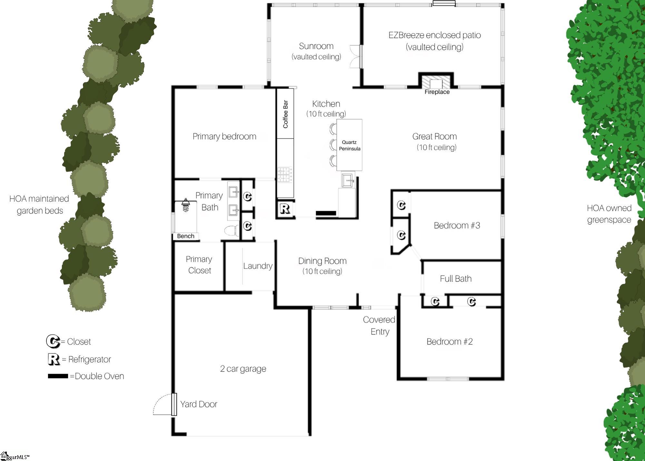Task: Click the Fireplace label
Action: click(437, 92)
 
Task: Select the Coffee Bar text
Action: click(285, 114)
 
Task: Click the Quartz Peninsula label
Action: click(350, 145)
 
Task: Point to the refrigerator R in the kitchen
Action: click(285, 209)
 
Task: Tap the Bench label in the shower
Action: click(186, 236)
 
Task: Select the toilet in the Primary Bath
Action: click(232, 230)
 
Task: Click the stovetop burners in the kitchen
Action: click(285, 175)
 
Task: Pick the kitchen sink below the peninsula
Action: click(348, 180)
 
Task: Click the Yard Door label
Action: click(199, 404)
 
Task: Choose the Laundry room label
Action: click(258, 266)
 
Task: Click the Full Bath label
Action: click(456, 279)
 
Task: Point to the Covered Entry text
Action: click(379, 325)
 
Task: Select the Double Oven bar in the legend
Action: click(58, 376)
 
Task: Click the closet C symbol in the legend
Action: click(53, 341)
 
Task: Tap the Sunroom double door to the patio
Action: click(356, 56)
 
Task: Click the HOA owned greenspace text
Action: click(609, 214)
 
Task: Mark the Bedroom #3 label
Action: click(457, 225)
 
